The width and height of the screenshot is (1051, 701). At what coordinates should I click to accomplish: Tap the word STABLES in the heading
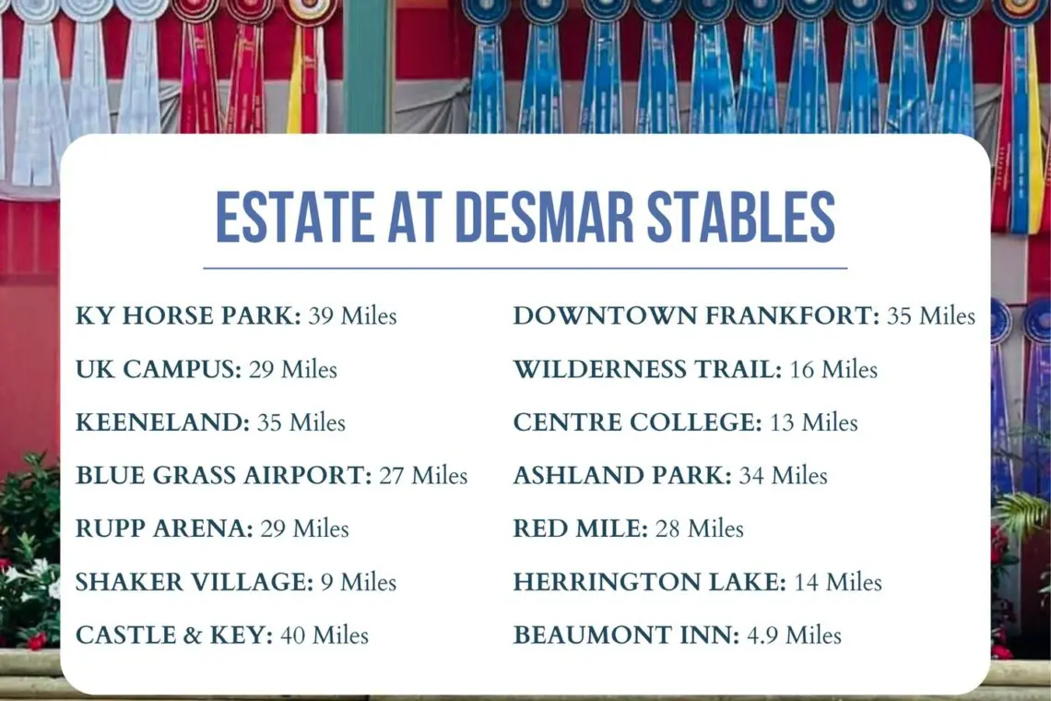(x=740, y=217)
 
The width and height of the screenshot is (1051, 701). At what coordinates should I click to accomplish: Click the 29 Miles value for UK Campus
(x=293, y=369)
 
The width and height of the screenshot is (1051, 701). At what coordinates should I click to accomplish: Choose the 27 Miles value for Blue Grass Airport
(x=423, y=475)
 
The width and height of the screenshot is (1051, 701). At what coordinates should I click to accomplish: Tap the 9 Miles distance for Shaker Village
(x=359, y=582)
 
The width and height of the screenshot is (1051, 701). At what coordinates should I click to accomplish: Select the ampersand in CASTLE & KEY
(x=193, y=635)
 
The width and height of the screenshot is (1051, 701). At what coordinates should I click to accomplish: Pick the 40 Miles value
(x=325, y=635)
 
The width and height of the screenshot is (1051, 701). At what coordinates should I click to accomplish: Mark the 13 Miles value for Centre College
(x=814, y=422)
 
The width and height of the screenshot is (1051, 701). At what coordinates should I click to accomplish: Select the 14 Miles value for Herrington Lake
(x=838, y=582)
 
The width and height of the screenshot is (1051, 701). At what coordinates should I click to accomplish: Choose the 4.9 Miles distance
(x=794, y=635)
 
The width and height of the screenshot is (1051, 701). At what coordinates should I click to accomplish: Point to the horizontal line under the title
(x=525, y=268)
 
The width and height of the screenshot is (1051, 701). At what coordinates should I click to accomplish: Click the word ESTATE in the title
(x=295, y=217)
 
